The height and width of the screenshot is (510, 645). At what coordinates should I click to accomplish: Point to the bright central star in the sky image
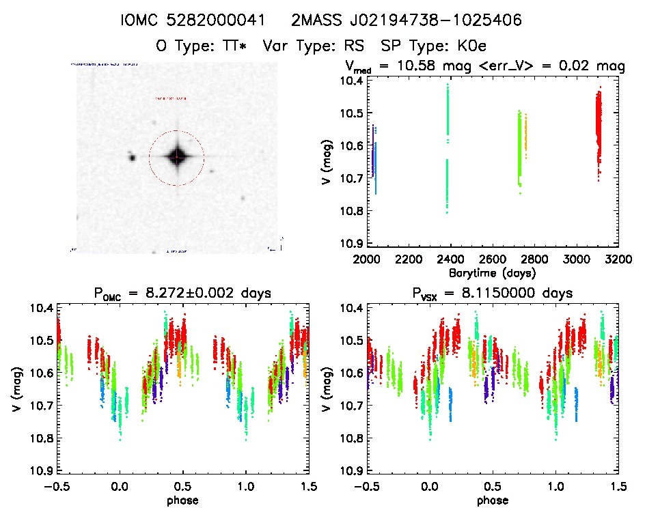(x=177, y=156)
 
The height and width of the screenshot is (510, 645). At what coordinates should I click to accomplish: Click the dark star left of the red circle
(x=131, y=158)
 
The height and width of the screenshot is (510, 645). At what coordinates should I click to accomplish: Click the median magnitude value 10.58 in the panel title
(x=423, y=67)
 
